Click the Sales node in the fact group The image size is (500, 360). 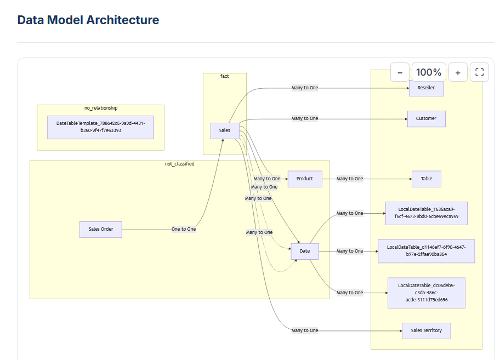pyautogui.click(x=225, y=130)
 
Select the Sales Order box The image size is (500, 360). pyautogui.click(x=101, y=229)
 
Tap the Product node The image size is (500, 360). pyautogui.click(x=305, y=179)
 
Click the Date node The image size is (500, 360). pyautogui.click(x=305, y=251)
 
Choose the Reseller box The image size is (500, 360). pyautogui.click(x=426, y=88)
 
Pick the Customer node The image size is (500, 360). pyautogui.click(x=426, y=118)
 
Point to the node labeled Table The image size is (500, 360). pyautogui.click(x=427, y=179)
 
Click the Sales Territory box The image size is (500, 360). pyautogui.click(x=426, y=330)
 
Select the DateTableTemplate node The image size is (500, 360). pyautogui.click(x=100, y=127)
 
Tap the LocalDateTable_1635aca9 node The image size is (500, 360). pyautogui.click(x=427, y=213)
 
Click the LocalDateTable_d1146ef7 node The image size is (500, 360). pyautogui.click(x=426, y=251)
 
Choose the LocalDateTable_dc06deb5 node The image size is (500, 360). pyautogui.click(x=427, y=293)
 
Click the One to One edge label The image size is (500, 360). pyautogui.click(x=184, y=229)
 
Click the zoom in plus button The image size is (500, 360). pyautogui.click(x=458, y=72)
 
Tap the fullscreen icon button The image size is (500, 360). pyautogui.click(x=479, y=72)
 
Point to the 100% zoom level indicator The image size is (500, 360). pyautogui.click(x=429, y=72)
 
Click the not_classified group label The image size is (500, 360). pyautogui.click(x=180, y=164)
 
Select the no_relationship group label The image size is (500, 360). pyautogui.click(x=101, y=108)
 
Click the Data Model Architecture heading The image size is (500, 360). pyautogui.click(x=88, y=20)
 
